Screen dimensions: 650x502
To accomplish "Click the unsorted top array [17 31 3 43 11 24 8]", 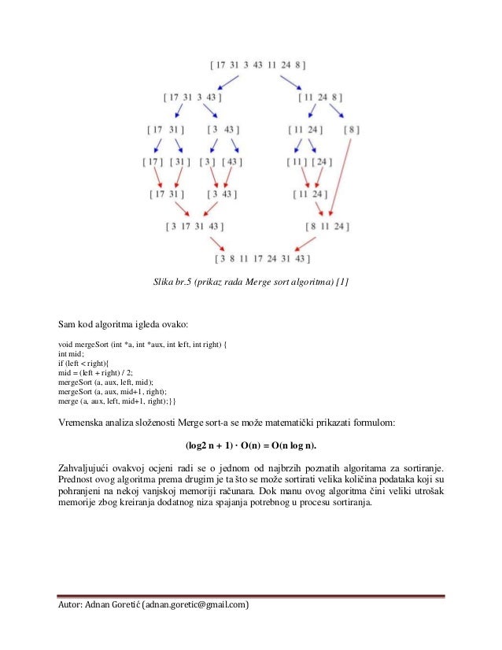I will pyautogui.click(x=258, y=65).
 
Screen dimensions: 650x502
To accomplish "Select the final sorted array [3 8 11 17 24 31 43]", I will pyautogui.click(x=263, y=257).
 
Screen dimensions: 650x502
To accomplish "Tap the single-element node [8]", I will pyautogui.click(x=353, y=129).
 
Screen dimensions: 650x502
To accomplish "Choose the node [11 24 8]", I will pyautogui.click(x=322, y=98).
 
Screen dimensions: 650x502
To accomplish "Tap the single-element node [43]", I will pyautogui.click(x=233, y=162).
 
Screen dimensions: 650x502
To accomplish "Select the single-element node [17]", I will pyautogui.click(x=152, y=162).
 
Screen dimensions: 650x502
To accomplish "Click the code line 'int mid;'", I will pyautogui.click(x=72, y=354).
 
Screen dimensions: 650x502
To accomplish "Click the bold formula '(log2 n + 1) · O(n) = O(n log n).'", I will pyautogui.click(x=251, y=445).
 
